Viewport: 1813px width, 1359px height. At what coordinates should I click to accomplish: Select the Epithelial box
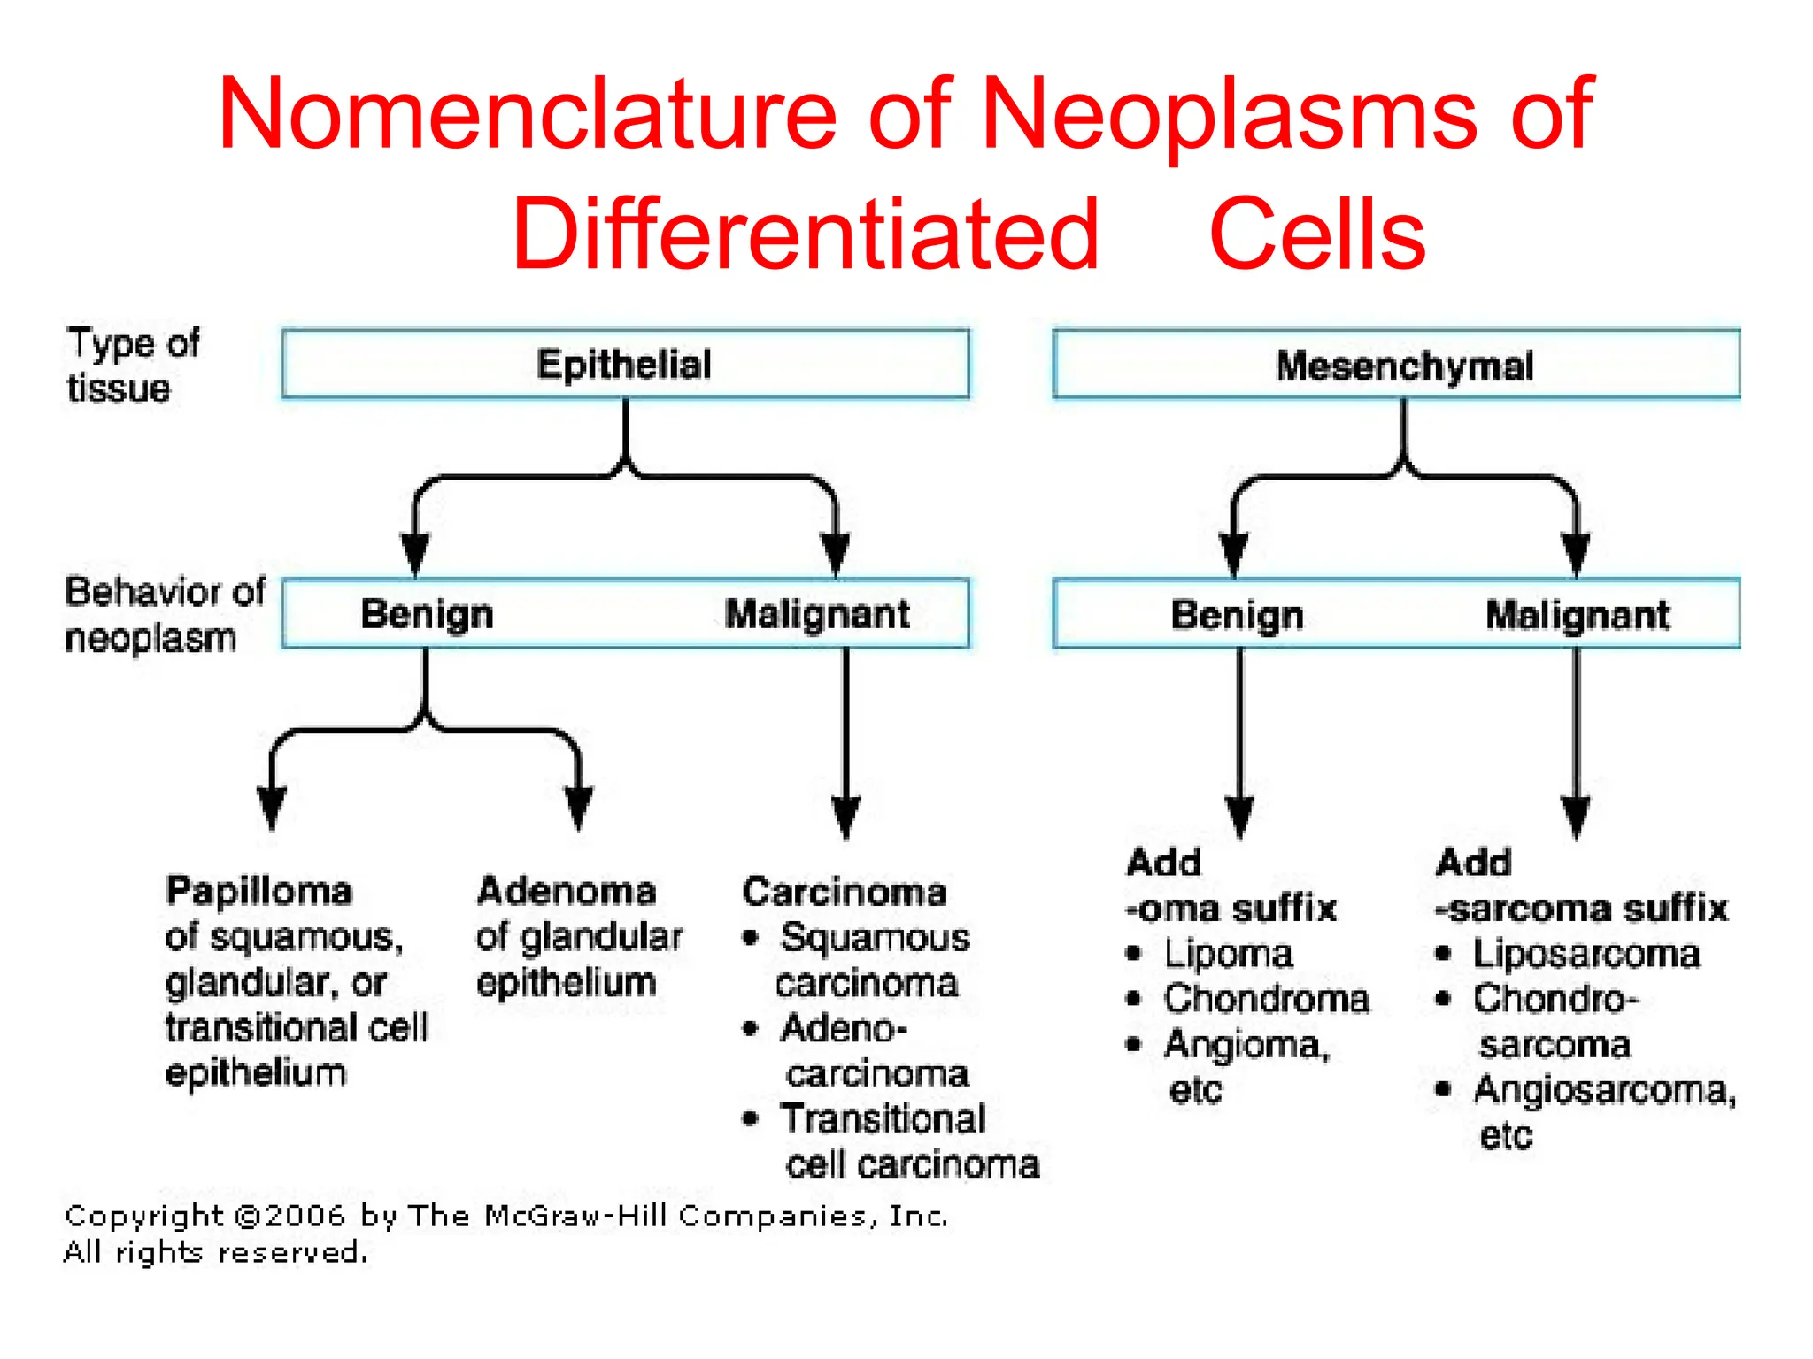(624, 365)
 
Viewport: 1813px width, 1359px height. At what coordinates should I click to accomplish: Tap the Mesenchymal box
(1403, 366)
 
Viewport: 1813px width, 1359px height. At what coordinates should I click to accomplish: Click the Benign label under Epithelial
(427, 614)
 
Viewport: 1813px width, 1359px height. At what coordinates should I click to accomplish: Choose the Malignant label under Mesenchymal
(1577, 615)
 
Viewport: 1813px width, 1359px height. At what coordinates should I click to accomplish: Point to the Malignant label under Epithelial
(816, 614)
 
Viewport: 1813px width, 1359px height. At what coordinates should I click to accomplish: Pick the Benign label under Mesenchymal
(1237, 615)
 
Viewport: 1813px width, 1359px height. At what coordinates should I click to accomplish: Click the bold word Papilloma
(258, 891)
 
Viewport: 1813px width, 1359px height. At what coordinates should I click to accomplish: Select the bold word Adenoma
(567, 891)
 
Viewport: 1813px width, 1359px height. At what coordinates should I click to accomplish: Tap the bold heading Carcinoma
(844, 892)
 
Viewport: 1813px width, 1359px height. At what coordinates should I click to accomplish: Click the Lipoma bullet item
(1228, 954)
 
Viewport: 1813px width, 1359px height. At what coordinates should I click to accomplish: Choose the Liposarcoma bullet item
(1585, 954)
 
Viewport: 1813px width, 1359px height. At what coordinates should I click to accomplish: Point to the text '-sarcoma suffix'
(1581, 909)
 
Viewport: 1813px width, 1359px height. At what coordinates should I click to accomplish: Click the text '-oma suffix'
(1231, 909)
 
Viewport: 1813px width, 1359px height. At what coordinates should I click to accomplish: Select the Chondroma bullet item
(1266, 999)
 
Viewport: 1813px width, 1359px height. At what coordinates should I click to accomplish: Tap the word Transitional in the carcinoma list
(883, 1119)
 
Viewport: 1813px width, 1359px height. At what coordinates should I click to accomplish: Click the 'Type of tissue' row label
(133, 365)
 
